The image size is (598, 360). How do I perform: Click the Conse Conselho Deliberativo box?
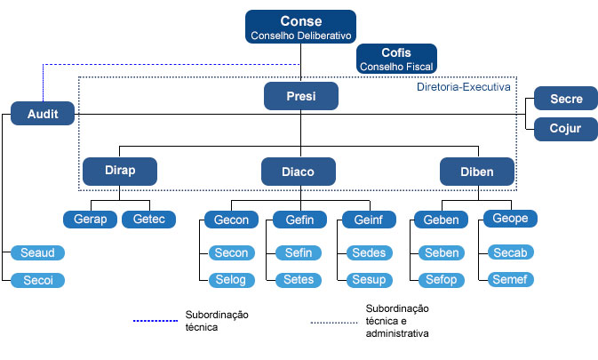[300, 28]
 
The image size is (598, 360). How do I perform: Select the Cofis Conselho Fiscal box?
[396, 59]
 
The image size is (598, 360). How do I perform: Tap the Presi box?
[300, 96]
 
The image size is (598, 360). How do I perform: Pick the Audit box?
[43, 115]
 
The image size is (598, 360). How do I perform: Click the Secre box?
[565, 99]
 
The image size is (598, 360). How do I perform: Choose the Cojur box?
[565, 128]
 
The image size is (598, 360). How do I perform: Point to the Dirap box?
[119, 171]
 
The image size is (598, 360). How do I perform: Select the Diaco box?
[299, 171]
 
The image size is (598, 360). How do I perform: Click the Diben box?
[477, 171]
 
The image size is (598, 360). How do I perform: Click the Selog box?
[230, 280]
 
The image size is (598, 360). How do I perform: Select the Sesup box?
[368, 280]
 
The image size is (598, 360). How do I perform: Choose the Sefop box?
[442, 280]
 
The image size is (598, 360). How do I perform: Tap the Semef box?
[510, 280]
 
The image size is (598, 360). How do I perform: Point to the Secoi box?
[38, 280]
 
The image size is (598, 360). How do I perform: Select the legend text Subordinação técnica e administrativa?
[396, 321]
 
